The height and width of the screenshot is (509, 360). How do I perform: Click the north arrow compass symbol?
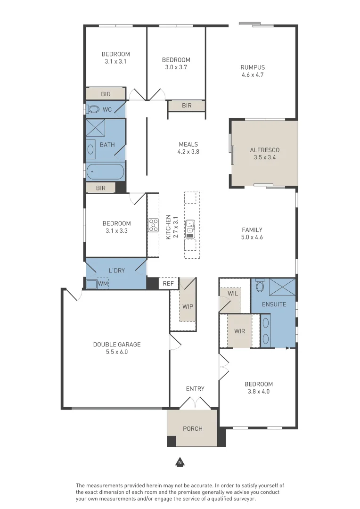(180, 462)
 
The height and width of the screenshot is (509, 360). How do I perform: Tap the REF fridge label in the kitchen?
(168, 284)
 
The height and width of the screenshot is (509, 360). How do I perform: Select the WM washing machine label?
(103, 284)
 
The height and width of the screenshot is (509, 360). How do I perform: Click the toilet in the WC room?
(93, 109)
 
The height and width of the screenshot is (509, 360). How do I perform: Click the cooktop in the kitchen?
(153, 225)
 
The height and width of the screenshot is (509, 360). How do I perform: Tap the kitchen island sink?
(190, 229)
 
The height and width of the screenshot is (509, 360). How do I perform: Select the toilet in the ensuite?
(260, 285)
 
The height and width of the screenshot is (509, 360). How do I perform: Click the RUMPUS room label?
(253, 67)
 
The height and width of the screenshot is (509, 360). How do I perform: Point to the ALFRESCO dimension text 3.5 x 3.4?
(264, 157)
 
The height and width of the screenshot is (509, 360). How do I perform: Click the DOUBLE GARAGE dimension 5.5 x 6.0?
(117, 352)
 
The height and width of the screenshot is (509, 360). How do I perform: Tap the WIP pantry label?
(188, 306)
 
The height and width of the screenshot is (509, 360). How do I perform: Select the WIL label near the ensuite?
(233, 294)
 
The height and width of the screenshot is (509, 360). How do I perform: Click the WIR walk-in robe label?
(239, 331)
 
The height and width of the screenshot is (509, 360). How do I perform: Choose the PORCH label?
(193, 429)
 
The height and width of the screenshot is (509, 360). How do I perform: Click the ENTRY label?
(195, 389)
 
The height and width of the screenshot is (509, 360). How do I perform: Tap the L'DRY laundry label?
(116, 271)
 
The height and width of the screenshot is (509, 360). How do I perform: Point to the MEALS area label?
(188, 145)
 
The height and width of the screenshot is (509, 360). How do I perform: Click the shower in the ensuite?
(282, 287)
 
